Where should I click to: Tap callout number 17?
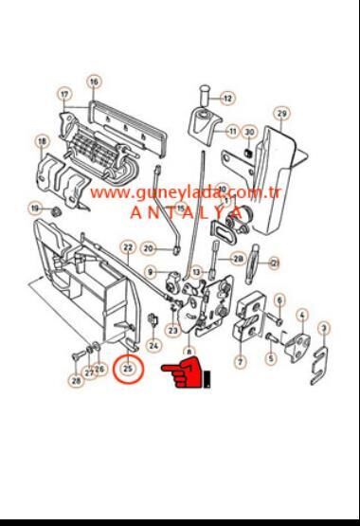pos(64,95)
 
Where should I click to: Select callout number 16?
pos(94,82)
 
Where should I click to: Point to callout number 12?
pos(228,97)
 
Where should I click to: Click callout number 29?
pos(281,114)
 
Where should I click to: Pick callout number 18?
pos(42,142)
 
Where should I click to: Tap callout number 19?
pos(35,208)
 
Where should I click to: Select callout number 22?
pos(128,247)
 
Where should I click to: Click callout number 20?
pos(149,248)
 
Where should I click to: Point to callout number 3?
pos(324,328)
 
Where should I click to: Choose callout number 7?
pos(241,361)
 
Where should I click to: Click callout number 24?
pos(153,346)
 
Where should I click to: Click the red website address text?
pos(188,193)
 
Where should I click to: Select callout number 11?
pos(233,130)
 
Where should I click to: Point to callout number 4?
pos(301,315)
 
